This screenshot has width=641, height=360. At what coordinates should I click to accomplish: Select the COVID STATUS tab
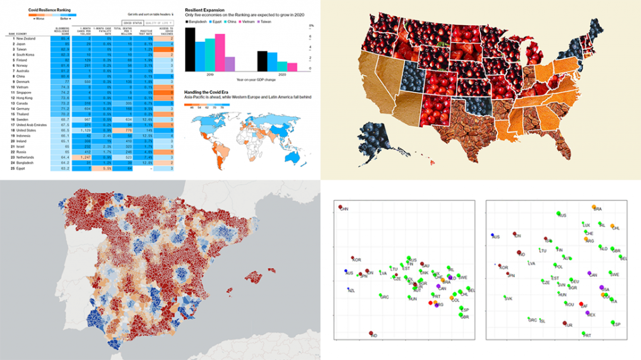tap(126, 23)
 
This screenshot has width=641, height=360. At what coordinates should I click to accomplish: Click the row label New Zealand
tap(29, 38)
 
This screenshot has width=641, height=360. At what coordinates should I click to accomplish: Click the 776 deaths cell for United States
tap(128, 130)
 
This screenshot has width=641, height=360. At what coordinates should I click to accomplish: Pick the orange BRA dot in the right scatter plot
tap(593, 207)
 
